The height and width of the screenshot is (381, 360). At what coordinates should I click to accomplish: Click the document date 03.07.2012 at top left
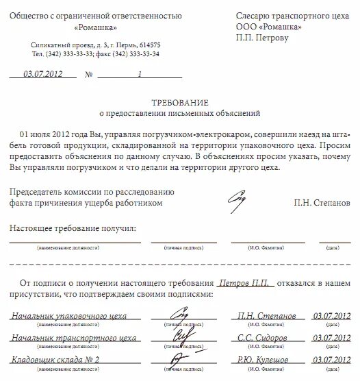[44, 74]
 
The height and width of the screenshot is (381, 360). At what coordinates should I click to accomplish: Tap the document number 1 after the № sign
[140, 74]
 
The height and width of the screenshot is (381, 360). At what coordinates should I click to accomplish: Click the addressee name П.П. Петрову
[262, 38]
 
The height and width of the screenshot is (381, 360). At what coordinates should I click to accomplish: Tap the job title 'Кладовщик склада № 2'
[55, 360]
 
